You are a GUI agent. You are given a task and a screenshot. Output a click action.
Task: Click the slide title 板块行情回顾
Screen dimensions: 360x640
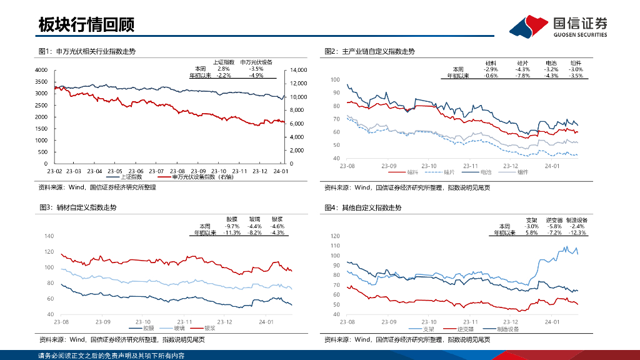coord(86,24)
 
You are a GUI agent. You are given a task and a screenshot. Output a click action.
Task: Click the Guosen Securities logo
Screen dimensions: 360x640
coord(558,26)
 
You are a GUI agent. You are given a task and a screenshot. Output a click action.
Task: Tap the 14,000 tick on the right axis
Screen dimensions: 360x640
coord(299,70)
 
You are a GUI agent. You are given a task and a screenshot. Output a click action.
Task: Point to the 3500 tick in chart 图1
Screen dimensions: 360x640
coord(41,82)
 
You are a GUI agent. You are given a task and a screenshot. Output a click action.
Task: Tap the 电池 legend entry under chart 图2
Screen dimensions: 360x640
coord(486,171)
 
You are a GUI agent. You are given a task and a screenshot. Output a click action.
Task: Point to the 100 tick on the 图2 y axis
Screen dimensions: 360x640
coord(334,80)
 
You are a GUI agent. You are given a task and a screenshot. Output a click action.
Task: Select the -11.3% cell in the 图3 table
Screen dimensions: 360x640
coord(232,232)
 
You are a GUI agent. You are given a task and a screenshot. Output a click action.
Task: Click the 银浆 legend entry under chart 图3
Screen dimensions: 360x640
coord(209,327)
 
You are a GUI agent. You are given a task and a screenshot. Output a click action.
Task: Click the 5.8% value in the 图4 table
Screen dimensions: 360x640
coord(532,232)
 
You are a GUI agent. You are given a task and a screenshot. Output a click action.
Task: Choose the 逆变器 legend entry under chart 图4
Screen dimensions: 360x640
coord(465,328)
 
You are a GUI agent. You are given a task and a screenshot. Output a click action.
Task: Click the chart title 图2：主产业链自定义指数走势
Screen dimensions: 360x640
coord(369,51)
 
